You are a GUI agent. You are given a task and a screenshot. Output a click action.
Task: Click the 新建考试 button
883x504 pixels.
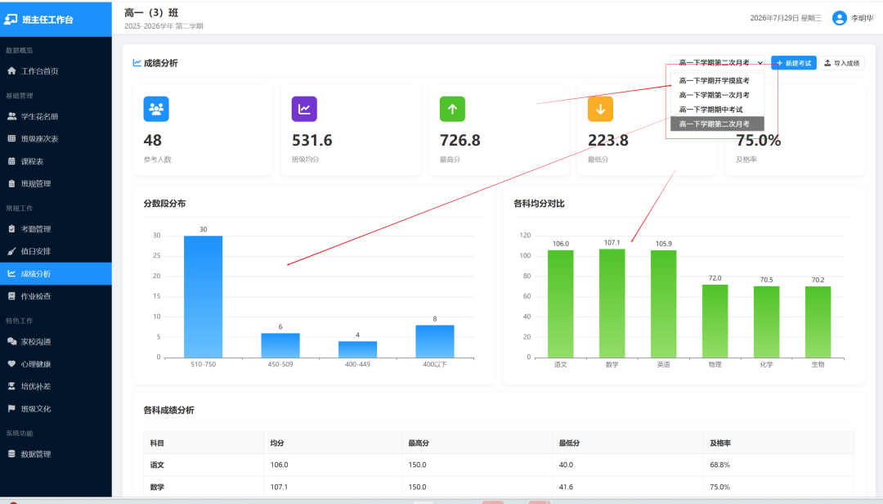point(793,63)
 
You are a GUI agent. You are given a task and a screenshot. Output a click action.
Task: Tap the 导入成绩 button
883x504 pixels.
point(842,63)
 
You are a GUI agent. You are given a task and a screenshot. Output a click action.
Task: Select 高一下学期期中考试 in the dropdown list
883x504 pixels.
point(710,110)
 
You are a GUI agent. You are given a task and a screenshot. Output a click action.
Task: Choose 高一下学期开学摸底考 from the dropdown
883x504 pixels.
point(714,81)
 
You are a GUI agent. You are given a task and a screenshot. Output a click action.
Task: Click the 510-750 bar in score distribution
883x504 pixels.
point(204,296)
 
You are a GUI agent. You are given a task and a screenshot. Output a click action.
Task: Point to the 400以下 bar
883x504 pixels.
point(435,341)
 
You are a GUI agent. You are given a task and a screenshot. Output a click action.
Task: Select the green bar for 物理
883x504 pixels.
point(715,322)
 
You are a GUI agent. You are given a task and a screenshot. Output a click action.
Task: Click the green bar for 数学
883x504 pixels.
point(612,304)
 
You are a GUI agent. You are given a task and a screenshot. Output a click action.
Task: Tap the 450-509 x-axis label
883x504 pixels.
point(280,365)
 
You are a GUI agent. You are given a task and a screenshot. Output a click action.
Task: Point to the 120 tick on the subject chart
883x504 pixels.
point(525,235)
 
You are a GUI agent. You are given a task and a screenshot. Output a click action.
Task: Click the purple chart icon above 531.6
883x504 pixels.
point(304,109)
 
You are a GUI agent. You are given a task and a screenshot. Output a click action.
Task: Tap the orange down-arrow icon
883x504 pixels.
point(600,109)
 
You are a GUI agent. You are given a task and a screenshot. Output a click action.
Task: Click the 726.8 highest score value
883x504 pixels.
point(460,140)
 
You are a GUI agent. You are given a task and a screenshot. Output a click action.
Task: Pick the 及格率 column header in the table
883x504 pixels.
point(720,443)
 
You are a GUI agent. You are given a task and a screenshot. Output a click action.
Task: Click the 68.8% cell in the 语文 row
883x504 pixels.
point(719,465)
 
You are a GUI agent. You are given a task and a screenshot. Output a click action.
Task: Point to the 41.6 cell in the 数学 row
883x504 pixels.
point(566,487)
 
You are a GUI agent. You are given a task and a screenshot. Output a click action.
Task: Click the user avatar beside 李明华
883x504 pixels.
point(839,18)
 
